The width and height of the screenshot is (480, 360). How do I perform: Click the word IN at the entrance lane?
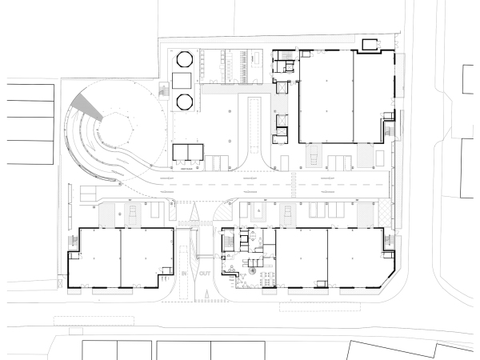(182, 274)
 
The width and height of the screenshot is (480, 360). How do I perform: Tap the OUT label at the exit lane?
(206, 274)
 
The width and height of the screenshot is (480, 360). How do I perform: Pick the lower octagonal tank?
(185, 101)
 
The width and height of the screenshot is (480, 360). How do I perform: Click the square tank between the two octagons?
(180, 79)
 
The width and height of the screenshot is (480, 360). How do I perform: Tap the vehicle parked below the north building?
(313, 153)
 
